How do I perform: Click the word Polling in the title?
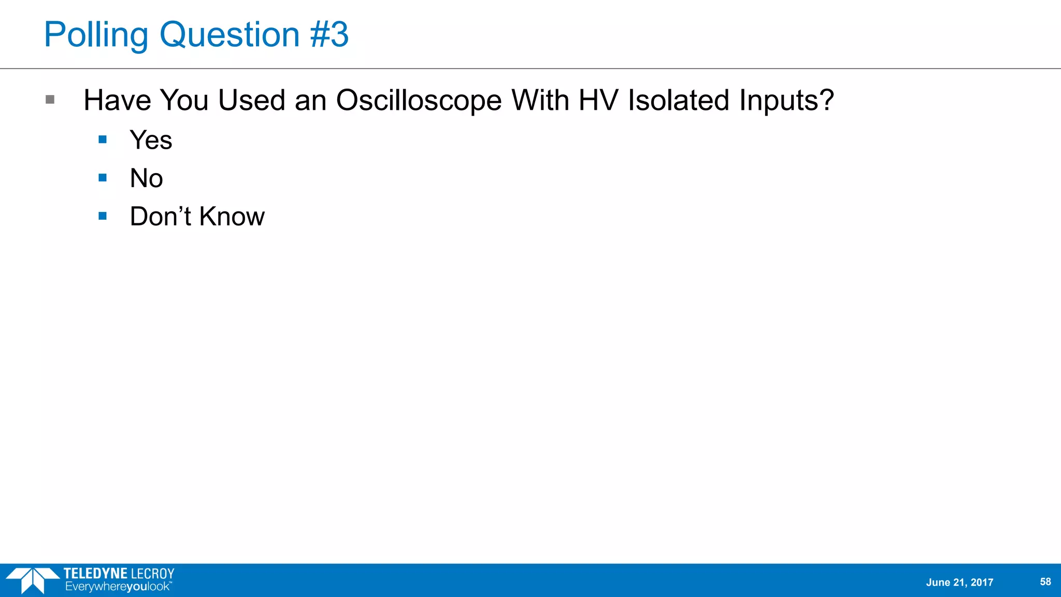pyautogui.click(x=96, y=35)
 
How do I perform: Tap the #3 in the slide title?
pyautogui.click(x=329, y=35)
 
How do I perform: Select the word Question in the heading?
pyautogui.click(x=230, y=35)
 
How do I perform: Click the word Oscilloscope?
pyautogui.click(x=419, y=101)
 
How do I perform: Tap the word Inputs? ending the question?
pyautogui.click(x=786, y=101)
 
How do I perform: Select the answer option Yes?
pyautogui.click(x=151, y=140)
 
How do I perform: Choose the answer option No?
pyautogui.click(x=146, y=178)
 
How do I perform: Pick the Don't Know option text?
pyautogui.click(x=197, y=217)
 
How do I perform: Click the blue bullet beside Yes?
pyautogui.click(x=103, y=139)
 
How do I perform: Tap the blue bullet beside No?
pyautogui.click(x=103, y=178)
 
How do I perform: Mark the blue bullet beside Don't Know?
pyautogui.click(x=103, y=216)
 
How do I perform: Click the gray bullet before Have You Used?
pyautogui.click(x=50, y=99)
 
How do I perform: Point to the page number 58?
pyautogui.click(x=1045, y=581)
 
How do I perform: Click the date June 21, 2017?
pyautogui.click(x=959, y=582)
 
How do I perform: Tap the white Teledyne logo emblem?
pyautogui.click(x=32, y=580)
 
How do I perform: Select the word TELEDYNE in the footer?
pyautogui.click(x=95, y=574)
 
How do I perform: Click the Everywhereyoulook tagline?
pyautogui.click(x=118, y=587)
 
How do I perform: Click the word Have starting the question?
pyautogui.click(x=117, y=100)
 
